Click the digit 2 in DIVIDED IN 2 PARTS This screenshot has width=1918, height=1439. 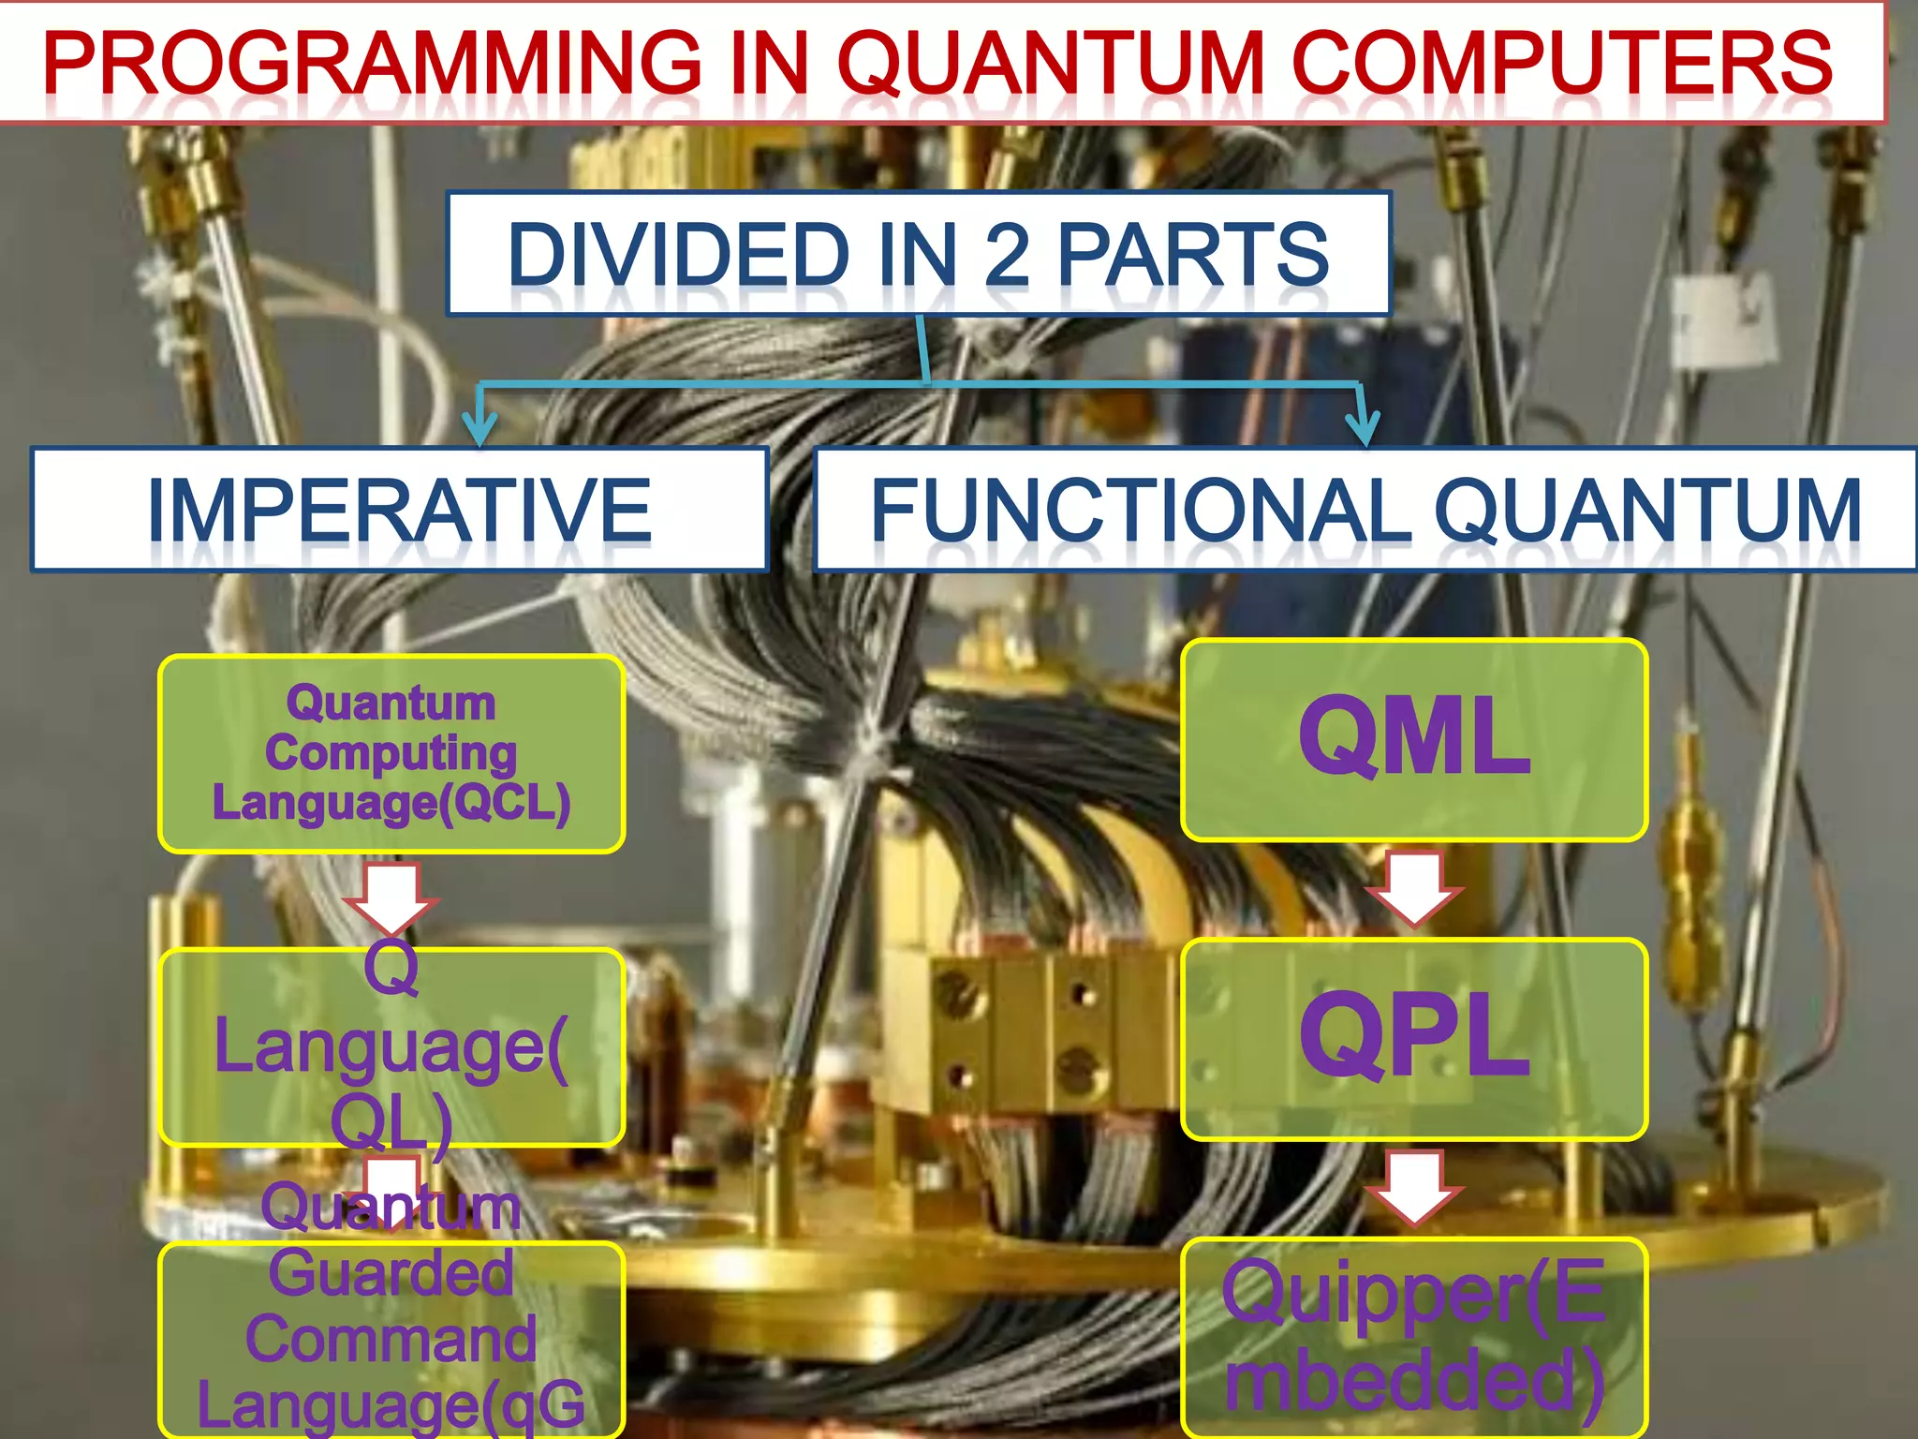point(1007,254)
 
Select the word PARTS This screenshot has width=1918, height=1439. point(1193,254)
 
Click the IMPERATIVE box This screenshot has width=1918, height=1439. point(399,510)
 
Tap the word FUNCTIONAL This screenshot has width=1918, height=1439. point(1141,510)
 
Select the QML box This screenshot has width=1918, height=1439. point(1414,739)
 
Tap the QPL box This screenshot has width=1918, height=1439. point(1414,1039)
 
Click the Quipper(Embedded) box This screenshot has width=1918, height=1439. point(1414,1337)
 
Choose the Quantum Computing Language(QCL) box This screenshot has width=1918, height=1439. point(391,753)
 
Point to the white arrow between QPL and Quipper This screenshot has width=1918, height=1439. point(1414,1189)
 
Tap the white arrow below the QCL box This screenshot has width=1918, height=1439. point(391,898)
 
